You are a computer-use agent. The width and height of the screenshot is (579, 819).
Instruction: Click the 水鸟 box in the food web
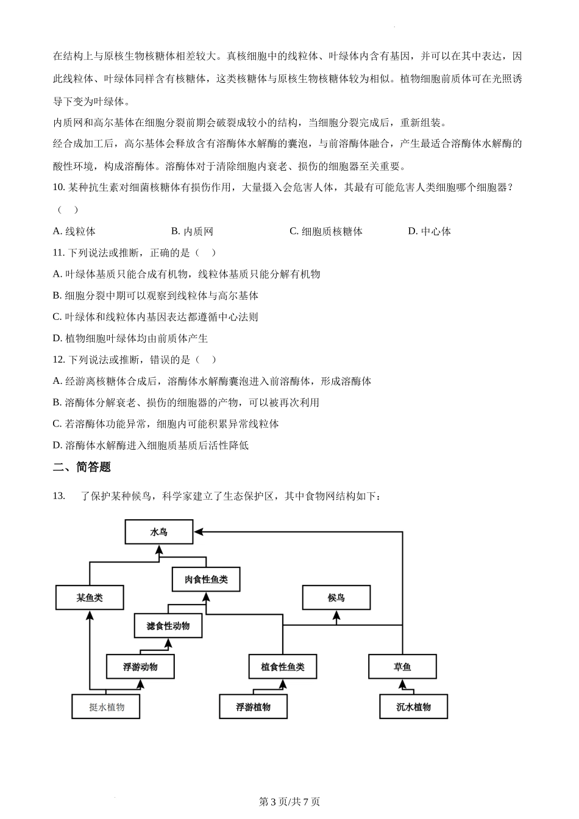[158, 532]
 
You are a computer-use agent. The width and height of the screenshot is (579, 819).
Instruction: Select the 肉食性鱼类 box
[206, 580]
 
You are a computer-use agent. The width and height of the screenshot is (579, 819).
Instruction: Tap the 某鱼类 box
[90, 598]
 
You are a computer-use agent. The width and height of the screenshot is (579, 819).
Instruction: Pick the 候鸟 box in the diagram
[336, 598]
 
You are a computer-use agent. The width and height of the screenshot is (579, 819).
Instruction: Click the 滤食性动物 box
[168, 626]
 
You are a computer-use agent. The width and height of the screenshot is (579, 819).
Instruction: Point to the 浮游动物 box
[140, 667]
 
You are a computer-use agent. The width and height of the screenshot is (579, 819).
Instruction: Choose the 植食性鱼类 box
[283, 667]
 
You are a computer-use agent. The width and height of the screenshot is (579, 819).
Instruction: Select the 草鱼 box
[402, 667]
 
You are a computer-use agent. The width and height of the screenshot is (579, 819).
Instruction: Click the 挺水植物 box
[107, 707]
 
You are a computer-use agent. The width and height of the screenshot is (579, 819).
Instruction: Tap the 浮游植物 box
[254, 707]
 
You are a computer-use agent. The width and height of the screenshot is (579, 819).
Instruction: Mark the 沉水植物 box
[414, 707]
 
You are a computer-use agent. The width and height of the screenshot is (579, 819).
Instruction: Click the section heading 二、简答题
[82, 467]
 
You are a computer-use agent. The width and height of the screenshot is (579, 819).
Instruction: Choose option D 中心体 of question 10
[430, 232]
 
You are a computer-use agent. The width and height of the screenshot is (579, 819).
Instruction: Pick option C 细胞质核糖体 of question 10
[326, 232]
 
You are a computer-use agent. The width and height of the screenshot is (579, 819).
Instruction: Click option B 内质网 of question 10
[193, 232]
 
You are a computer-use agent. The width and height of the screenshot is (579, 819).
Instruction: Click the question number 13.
[59, 496]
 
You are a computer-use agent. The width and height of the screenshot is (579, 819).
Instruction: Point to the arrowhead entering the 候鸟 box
[336, 615]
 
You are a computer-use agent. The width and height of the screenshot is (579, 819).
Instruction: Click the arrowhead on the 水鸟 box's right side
[198, 532]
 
